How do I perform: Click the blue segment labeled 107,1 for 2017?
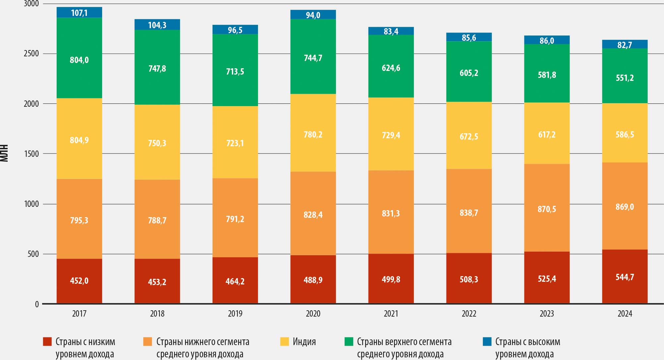[x=79, y=13]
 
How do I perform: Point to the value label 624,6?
[x=391, y=68]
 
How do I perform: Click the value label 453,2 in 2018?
[x=157, y=282]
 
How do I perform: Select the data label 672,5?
[x=469, y=137]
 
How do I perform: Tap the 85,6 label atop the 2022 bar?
[x=469, y=38]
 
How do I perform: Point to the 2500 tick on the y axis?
[x=31, y=54]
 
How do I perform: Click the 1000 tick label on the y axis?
[x=31, y=204]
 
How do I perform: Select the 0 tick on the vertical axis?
[x=37, y=304]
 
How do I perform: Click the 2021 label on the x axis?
[x=391, y=314]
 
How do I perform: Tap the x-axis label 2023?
[x=547, y=314]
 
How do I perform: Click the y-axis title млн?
[x=4, y=153]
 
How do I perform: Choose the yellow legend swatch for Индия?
[x=285, y=341]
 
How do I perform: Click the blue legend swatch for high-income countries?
[x=487, y=341]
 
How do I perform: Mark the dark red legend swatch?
[x=47, y=341]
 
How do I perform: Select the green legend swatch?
[x=349, y=341]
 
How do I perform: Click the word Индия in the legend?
[x=304, y=342]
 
